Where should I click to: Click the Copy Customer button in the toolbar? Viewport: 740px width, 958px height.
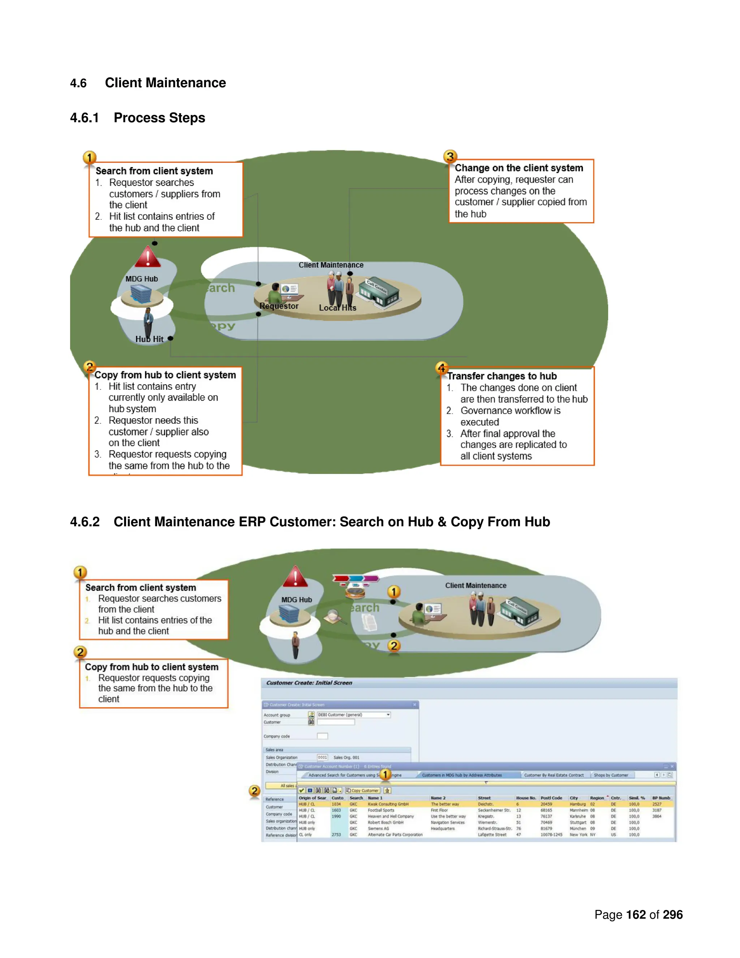[x=362, y=790]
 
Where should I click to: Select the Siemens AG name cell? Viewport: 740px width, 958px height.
[x=378, y=829]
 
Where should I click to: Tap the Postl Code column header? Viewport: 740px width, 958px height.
[x=551, y=798]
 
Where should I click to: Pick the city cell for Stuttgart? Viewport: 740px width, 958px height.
[x=577, y=822]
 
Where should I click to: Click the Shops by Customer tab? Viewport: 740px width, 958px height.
[x=611, y=775]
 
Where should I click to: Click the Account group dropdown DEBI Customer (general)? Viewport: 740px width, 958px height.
[x=353, y=715]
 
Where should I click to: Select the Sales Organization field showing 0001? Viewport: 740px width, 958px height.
[x=322, y=757]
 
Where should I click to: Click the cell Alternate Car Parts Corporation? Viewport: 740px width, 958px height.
[x=395, y=835]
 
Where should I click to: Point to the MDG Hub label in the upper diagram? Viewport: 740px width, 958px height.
[x=142, y=279]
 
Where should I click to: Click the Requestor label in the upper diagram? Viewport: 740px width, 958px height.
[x=279, y=306]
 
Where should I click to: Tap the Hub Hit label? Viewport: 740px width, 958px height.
[x=149, y=339]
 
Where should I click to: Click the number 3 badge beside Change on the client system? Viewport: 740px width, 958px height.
[x=450, y=156]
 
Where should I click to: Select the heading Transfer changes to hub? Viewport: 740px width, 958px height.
[x=502, y=376]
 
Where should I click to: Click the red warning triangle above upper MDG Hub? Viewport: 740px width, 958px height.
[x=147, y=257]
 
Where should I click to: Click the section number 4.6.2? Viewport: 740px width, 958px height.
[x=85, y=522]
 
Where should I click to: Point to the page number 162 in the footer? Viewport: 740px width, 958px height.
[x=636, y=915]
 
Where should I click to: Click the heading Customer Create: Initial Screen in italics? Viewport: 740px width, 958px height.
[x=309, y=683]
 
